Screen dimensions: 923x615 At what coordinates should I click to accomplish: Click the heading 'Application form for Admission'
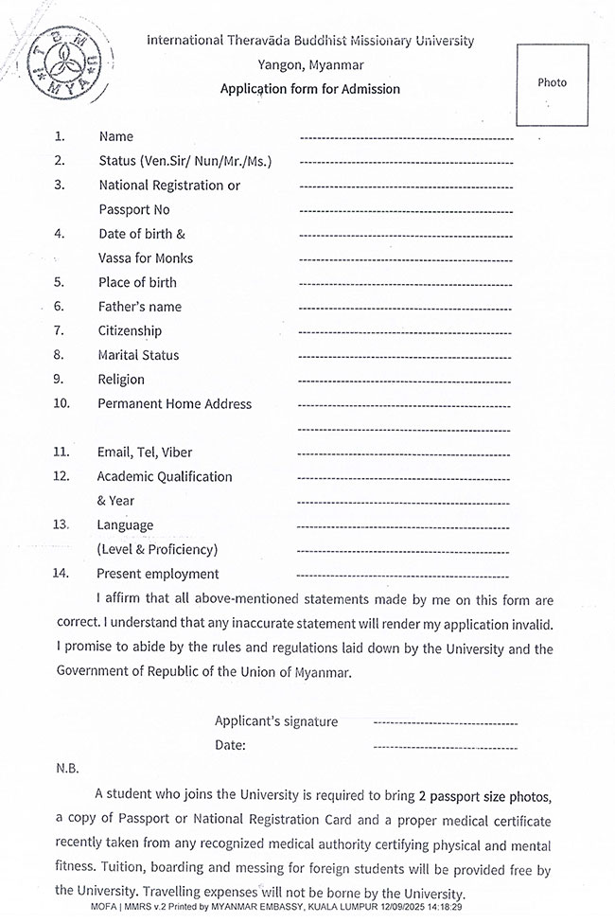310,89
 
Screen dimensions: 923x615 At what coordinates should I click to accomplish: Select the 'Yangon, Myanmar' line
310,65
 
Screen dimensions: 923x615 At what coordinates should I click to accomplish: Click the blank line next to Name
406,138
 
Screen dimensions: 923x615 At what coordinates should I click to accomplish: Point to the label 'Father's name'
140,307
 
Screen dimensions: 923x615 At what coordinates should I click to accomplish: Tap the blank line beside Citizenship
406,332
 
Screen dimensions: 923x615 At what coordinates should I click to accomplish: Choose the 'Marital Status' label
138,355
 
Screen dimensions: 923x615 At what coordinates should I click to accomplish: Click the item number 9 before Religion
59,380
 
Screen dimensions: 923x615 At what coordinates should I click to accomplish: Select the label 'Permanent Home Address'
175,403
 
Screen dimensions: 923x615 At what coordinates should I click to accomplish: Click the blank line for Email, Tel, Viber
406,453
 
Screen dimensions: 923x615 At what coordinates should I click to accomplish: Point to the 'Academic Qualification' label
165,476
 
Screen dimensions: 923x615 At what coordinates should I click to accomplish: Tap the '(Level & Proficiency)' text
157,549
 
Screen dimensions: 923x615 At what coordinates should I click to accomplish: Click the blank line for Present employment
406,575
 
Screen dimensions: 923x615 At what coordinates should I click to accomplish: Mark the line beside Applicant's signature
446,723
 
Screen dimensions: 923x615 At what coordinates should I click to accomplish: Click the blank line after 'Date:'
446,747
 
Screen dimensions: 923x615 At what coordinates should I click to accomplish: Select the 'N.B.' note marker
67,769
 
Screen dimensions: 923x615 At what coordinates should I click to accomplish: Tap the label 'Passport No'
134,209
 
